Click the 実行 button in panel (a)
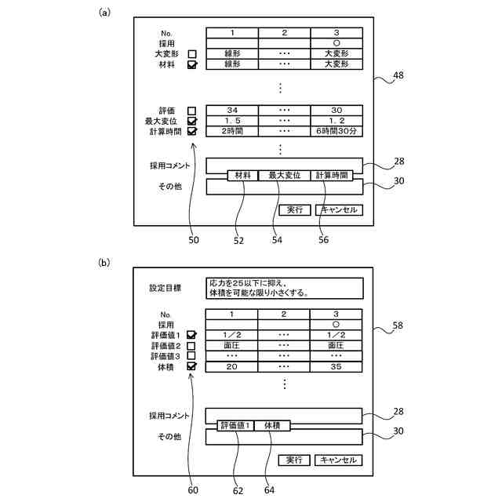tap(295, 209)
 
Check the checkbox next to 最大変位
tap(191, 122)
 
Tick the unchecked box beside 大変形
tap(191, 53)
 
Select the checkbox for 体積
tap(191, 366)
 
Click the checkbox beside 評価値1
tap(191, 336)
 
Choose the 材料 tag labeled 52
tap(242, 176)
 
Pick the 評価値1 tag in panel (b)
tap(235, 425)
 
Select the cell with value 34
tap(232, 111)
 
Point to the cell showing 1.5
tap(232, 122)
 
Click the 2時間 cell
tap(232, 132)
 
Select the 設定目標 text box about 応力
tap(284, 288)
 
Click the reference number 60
tap(193, 490)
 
